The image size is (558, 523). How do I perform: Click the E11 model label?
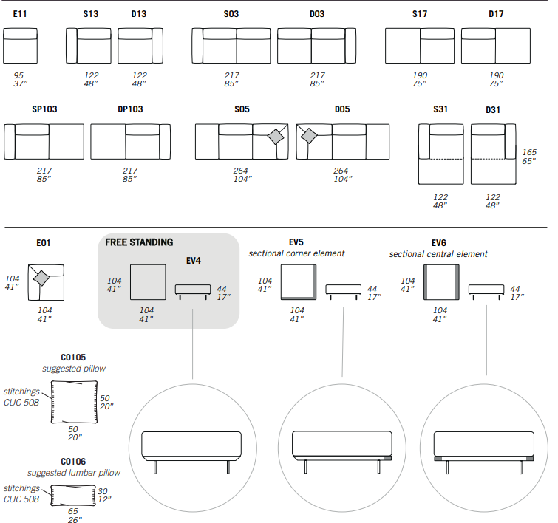point(20,14)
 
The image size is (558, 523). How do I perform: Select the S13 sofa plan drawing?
point(89,46)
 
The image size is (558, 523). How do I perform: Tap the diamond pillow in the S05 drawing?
point(276,137)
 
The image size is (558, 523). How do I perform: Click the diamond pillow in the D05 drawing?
point(309,136)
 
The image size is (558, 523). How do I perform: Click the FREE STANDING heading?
point(139,242)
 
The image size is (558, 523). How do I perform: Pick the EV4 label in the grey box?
point(194,261)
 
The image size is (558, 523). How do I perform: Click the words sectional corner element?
point(296,253)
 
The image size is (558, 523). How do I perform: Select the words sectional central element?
point(438,254)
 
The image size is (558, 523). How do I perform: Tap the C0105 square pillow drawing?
point(74,402)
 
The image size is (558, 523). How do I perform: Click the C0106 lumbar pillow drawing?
point(73,495)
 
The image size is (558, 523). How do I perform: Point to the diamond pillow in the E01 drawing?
point(41,278)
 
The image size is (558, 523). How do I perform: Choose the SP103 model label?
point(44,109)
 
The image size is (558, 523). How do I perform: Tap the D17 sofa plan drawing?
point(496,46)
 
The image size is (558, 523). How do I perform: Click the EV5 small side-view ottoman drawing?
point(344,291)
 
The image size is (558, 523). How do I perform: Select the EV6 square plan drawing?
point(441,282)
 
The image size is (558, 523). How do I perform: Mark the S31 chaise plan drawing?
point(441,154)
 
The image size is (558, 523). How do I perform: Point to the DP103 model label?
point(130,109)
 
